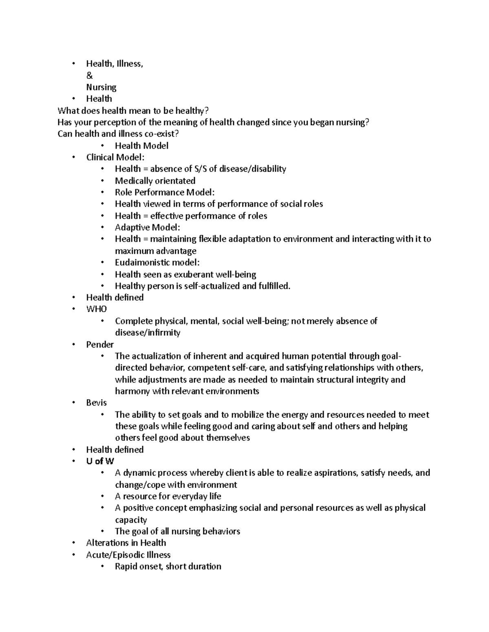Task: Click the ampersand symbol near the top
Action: [89, 76]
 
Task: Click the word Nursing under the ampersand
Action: [101, 87]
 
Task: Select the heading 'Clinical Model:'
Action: [115, 157]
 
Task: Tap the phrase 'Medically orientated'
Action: [155, 181]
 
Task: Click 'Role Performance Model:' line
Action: [165, 192]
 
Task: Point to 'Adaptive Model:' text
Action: [147, 227]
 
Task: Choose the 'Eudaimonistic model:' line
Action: [157, 262]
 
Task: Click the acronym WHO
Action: [97, 309]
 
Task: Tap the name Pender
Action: [100, 345]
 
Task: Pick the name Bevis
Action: [96, 403]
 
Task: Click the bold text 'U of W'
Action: [100, 461]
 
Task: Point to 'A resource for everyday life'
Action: [168, 496]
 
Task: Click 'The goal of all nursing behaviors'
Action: [177, 531]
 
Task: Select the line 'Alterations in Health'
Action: [126, 543]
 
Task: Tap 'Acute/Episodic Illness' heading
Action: [128, 555]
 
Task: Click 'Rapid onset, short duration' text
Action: [168, 566]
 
